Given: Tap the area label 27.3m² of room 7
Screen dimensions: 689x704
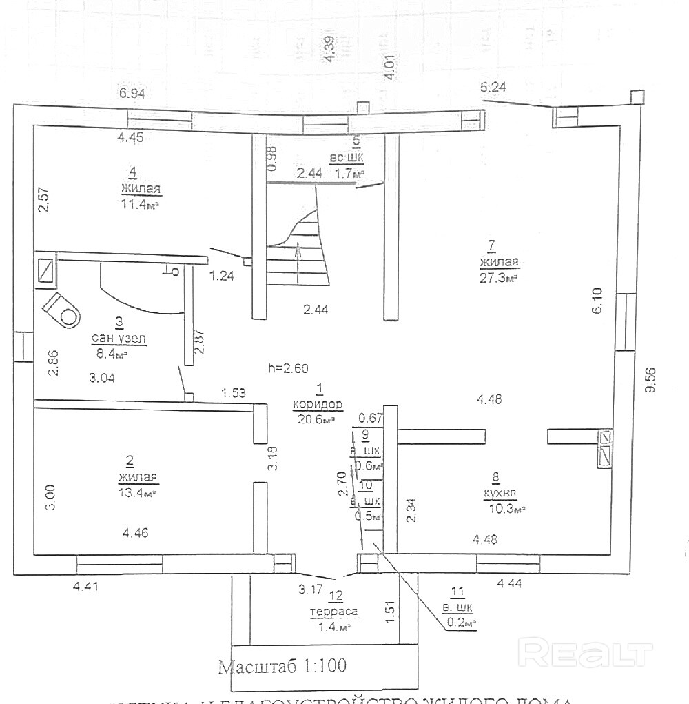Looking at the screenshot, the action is pos(498,277).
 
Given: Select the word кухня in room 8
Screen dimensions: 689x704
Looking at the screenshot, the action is pos(500,493).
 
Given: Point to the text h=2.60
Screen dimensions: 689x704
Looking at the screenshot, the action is pos(288,368).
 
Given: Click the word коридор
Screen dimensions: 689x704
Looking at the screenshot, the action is pos(317,405).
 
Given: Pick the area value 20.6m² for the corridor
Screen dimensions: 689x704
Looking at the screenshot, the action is pos(315,419).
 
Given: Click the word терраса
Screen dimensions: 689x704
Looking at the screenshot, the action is pos(334,612).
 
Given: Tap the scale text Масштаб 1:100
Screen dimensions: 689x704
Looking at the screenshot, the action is pos(282,666).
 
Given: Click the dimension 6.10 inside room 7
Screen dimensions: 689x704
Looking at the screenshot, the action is pos(597,301).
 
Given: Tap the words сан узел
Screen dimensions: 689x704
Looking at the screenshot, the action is pos(119,339).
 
